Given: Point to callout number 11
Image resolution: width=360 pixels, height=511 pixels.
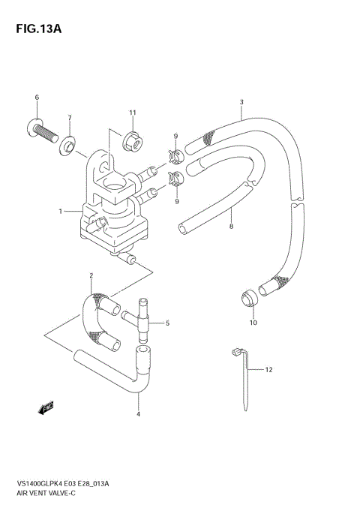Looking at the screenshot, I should click(x=132, y=113).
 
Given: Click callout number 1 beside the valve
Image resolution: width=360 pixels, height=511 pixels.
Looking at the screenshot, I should click(x=60, y=212).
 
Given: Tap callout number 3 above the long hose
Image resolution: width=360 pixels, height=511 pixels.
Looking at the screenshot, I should click(x=241, y=102).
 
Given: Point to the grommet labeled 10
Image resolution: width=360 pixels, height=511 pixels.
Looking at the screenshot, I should click(x=249, y=298).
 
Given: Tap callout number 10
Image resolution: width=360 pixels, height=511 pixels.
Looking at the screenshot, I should click(x=253, y=323).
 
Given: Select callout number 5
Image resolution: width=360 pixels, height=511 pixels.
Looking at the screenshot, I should click(x=167, y=323).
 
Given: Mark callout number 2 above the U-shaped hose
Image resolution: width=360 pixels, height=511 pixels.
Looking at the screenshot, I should click(x=91, y=275).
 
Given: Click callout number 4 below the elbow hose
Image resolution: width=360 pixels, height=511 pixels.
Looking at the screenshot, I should click(x=138, y=414).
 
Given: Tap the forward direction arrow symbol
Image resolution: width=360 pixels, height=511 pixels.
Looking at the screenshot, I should click(x=46, y=407).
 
